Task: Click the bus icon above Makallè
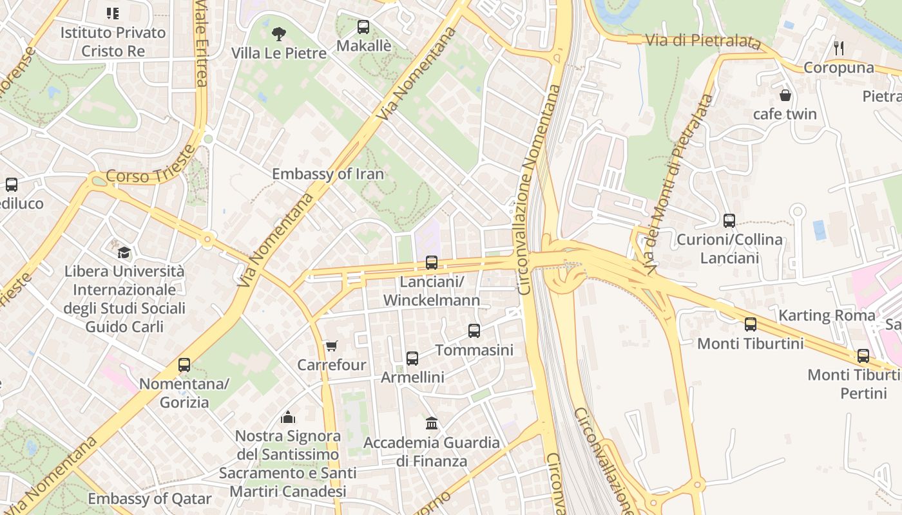[x=363, y=27]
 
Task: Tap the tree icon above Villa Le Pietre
[x=279, y=33]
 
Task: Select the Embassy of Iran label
[x=327, y=174]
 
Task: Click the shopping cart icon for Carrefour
[x=331, y=346]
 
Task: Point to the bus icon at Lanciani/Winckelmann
[x=432, y=263]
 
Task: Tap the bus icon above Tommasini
[x=474, y=331]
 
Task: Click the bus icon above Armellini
[x=412, y=359]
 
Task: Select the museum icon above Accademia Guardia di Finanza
[x=432, y=424]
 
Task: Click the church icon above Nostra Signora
[x=288, y=417]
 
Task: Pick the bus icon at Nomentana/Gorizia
[x=184, y=365]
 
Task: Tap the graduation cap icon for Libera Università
[x=124, y=252]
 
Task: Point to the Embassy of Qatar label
[x=149, y=499]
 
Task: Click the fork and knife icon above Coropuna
[x=839, y=48]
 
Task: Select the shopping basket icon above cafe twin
[x=785, y=95]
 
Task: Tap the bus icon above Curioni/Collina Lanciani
[x=729, y=221]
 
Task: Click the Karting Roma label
[x=827, y=315]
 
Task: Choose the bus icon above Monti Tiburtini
[x=751, y=324]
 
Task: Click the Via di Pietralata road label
[x=700, y=41]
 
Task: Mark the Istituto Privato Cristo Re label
[x=113, y=41]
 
